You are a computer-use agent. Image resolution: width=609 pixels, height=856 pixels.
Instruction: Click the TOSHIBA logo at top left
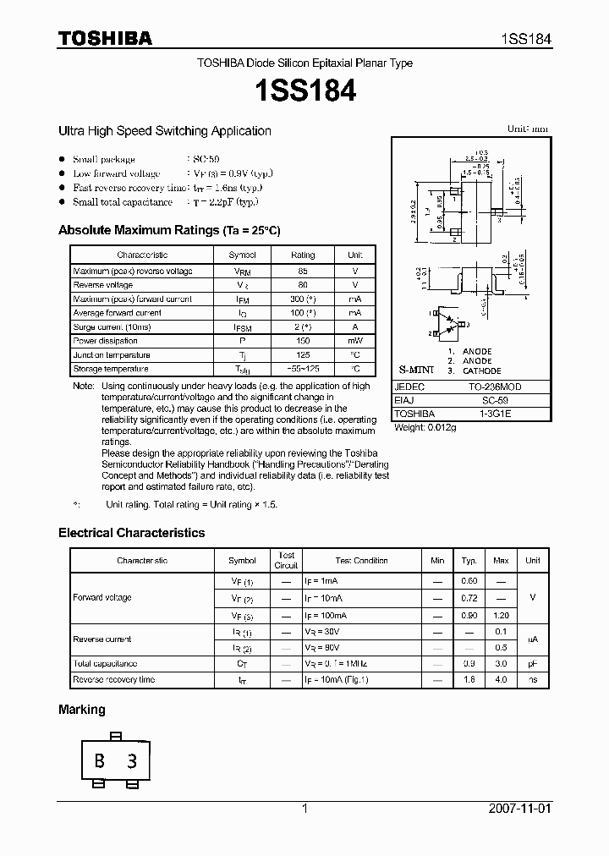(105, 38)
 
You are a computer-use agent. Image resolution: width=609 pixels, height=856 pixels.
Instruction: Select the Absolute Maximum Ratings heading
(169, 230)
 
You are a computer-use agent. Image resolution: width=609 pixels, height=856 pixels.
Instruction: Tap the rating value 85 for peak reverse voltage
(303, 271)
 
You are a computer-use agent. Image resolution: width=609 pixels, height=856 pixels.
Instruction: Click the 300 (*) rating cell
(303, 299)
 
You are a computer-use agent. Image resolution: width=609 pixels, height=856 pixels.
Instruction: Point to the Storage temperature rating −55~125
(303, 369)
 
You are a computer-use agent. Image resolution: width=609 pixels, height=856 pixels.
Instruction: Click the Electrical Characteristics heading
(131, 533)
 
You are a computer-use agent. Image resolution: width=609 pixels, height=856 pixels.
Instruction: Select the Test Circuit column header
(286, 560)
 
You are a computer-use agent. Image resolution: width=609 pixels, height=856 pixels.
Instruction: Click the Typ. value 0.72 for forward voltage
(469, 597)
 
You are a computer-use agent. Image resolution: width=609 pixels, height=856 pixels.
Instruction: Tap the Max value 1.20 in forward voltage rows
(501, 615)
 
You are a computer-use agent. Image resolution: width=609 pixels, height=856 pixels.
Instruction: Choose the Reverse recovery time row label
(113, 679)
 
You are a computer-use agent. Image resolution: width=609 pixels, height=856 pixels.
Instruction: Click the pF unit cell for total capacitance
(532, 664)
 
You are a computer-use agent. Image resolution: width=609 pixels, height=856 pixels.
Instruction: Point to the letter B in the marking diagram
(100, 761)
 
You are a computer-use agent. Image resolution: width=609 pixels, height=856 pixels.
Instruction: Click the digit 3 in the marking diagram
(131, 761)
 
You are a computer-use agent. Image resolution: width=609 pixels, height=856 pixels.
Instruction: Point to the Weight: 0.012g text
(425, 427)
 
